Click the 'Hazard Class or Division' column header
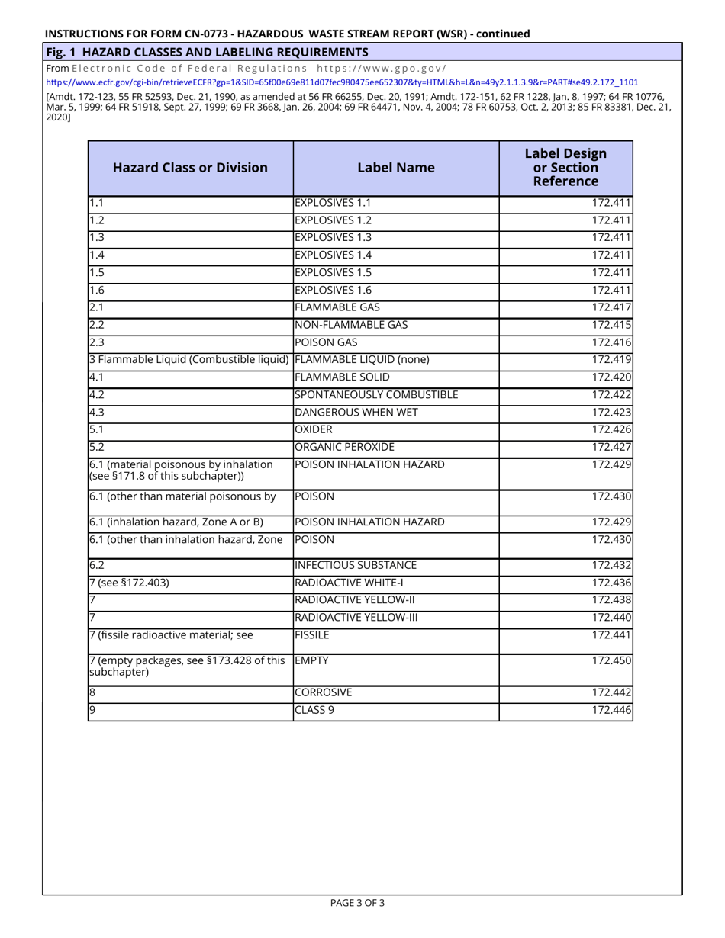(x=190, y=168)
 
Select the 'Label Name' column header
(x=396, y=168)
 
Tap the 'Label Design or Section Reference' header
(x=565, y=168)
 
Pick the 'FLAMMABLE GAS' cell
(x=337, y=308)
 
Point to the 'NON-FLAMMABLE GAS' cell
(x=351, y=326)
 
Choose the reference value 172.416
(x=611, y=343)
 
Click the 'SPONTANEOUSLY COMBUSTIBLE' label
(x=376, y=395)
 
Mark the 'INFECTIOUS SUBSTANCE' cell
(x=356, y=566)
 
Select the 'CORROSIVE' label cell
(x=324, y=694)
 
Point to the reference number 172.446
(x=611, y=712)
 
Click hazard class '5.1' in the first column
(x=96, y=430)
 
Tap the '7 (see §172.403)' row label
(x=129, y=583)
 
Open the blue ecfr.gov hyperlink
(x=342, y=82)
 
